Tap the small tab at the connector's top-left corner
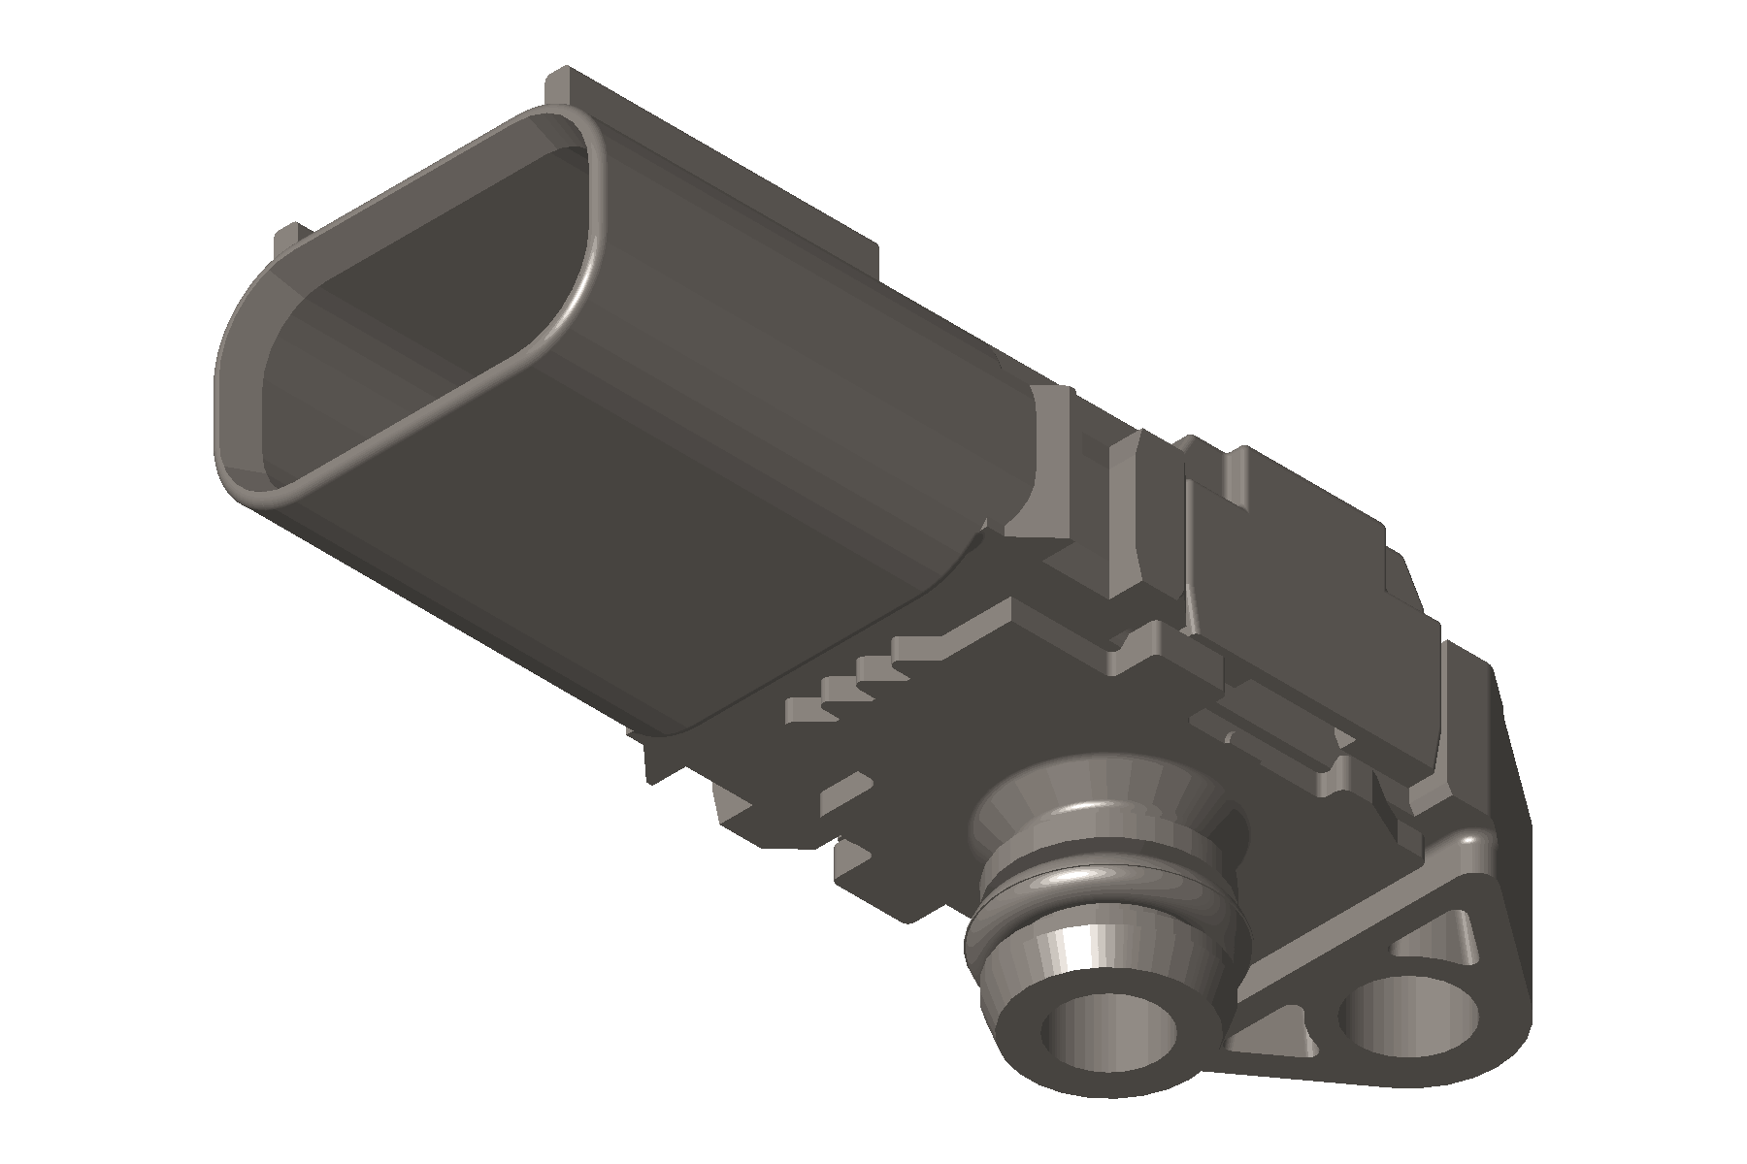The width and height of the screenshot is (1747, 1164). click(289, 238)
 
